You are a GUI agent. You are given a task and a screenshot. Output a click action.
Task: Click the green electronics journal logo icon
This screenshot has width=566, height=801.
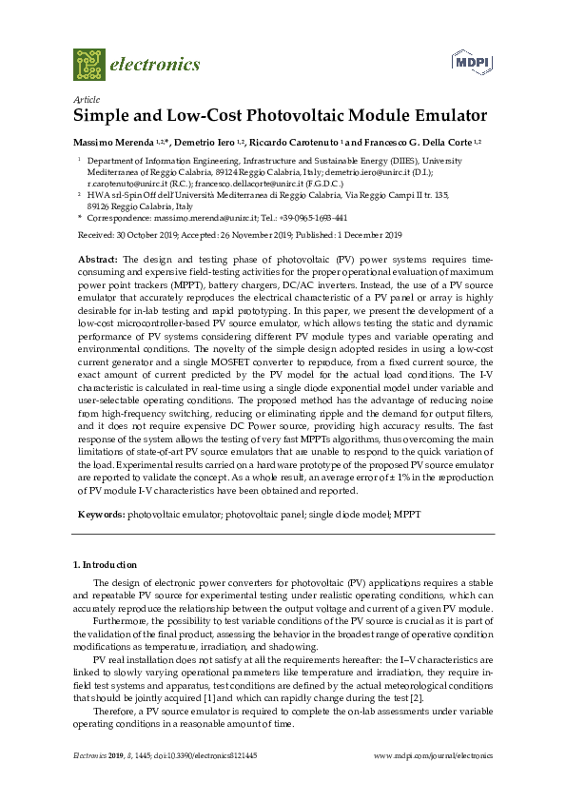(88, 64)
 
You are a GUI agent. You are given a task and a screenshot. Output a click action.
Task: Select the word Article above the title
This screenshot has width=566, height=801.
(86, 99)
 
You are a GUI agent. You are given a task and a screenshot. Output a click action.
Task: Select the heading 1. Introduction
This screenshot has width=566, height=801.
(105, 565)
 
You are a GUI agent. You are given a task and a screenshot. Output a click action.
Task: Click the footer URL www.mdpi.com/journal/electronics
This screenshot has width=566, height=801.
(433, 755)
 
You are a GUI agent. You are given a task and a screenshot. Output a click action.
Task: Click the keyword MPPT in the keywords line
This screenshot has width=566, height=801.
(409, 514)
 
